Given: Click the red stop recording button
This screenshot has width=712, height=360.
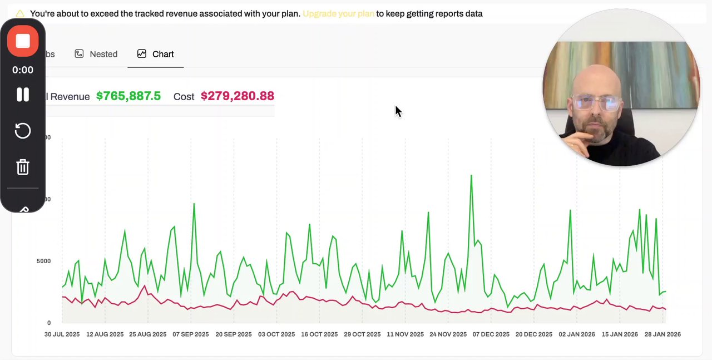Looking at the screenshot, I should pyautogui.click(x=23, y=41).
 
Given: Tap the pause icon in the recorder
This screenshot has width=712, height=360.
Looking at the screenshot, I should pyautogui.click(x=23, y=95).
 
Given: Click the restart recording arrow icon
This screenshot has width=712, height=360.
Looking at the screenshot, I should pyautogui.click(x=23, y=131).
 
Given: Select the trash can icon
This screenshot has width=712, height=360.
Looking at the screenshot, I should pyautogui.click(x=23, y=167).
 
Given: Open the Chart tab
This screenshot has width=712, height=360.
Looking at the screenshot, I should pyautogui.click(x=156, y=54).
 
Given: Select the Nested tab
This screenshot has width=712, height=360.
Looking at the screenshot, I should pyautogui.click(x=96, y=54).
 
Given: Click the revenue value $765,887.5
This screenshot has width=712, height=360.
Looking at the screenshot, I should pyautogui.click(x=128, y=96).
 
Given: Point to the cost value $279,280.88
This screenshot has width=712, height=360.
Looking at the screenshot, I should pyautogui.click(x=238, y=96).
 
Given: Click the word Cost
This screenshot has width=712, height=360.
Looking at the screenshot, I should pyautogui.click(x=184, y=97).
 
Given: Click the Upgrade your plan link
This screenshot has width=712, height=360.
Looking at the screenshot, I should pyautogui.click(x=338, y=13).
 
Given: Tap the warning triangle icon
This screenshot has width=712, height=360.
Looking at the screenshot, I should pyautogui.click(x=20, y=13).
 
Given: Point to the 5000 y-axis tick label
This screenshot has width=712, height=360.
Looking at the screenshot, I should pyautogui.click(x=44, y=261).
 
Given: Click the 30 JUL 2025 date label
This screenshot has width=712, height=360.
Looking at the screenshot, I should pyautogui.click(x=62, y=334).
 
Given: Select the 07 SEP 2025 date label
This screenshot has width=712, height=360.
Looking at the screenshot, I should pyautogui.click(x=191, y=334).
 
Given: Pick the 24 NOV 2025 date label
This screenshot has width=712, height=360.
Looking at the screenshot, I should pyautogui.click(x=449, y=334).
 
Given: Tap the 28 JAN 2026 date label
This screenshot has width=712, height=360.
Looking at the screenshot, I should pyautogui.click(x=662, y=334).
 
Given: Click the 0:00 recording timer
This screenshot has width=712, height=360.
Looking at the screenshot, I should pyautogui.click(x=23, y=70).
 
